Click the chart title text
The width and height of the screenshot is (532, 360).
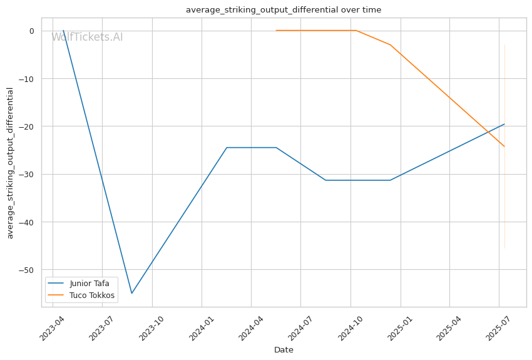click(284, 10)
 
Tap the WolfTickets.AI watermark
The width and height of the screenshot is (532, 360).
click(87, 37)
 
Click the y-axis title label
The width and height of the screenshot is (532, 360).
click(10, 163)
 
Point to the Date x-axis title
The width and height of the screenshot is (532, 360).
click(284, 350)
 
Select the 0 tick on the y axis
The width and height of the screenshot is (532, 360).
click(31, 31)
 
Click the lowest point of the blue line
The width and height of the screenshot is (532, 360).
click(131, 293)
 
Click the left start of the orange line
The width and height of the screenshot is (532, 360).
click(276, 30)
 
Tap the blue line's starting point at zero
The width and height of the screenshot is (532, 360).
click(63, 30)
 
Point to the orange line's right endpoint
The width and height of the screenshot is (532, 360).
click(504, 147)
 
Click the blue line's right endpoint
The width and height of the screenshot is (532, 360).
click(504, 124)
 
